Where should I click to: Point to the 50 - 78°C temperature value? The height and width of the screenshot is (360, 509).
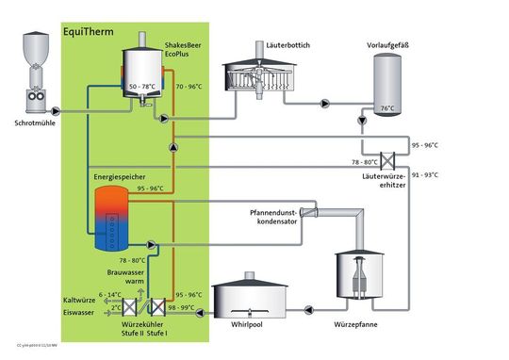(x=141, y=87)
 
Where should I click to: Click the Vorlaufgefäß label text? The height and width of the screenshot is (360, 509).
(x=387, y=43)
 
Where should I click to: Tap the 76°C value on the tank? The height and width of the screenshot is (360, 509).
(x=386, y=108)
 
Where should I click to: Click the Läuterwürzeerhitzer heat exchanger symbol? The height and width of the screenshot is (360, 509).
(x=386, y=159)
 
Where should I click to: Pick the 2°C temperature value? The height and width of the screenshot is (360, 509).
(x=116, y=308)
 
